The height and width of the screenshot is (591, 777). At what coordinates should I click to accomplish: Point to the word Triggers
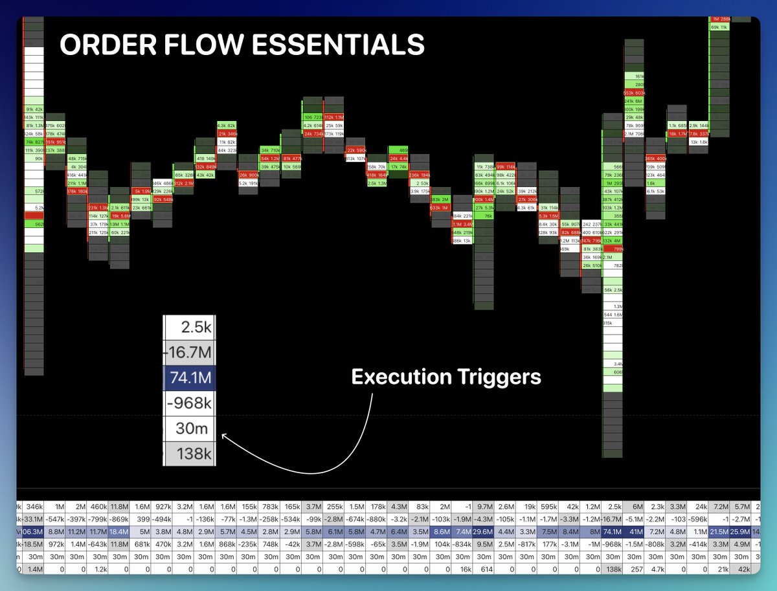504,377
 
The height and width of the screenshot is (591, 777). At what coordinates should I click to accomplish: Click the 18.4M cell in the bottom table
119,532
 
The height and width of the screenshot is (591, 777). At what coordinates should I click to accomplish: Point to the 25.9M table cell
742,532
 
